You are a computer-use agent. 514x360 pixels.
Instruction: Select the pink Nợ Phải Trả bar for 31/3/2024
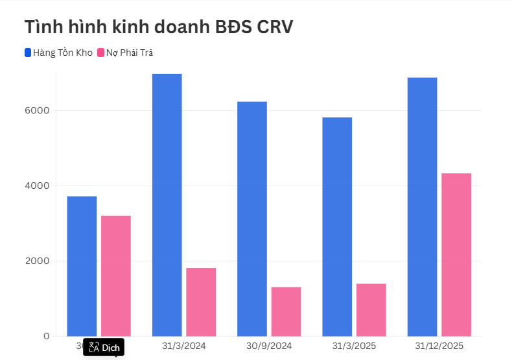(201, 302)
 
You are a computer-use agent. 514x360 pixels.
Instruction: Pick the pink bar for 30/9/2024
(286, 311)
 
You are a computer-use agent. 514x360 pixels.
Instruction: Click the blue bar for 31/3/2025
(337, 226)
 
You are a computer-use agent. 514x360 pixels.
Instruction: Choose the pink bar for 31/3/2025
(371, 309)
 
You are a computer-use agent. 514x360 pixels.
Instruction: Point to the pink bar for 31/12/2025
(456, 254)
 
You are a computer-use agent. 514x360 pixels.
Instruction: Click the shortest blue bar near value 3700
(82, 266)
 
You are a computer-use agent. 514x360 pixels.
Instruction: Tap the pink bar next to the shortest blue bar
(116, 276)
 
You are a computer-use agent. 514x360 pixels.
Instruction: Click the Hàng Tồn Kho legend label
(63, 53)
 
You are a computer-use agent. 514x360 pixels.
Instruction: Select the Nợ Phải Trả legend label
(130, 53)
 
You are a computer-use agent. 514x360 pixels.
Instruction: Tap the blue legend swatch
(28, 53)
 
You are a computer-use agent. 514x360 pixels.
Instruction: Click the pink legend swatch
(100, 53)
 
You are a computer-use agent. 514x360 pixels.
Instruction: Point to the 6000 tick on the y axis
(38, 110)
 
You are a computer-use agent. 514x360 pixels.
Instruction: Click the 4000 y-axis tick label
(38, 186)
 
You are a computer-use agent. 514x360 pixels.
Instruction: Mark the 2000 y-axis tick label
(38, 261)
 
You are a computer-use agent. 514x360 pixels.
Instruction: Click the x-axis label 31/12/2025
(439, 346)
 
